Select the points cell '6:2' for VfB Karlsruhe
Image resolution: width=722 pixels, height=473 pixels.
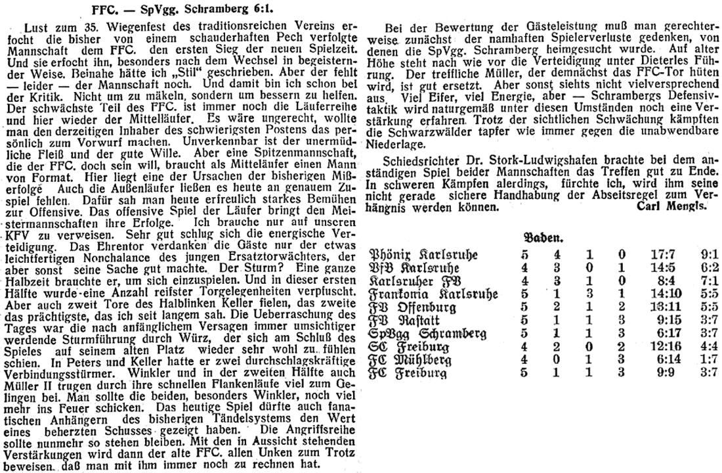tap(697, 269)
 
